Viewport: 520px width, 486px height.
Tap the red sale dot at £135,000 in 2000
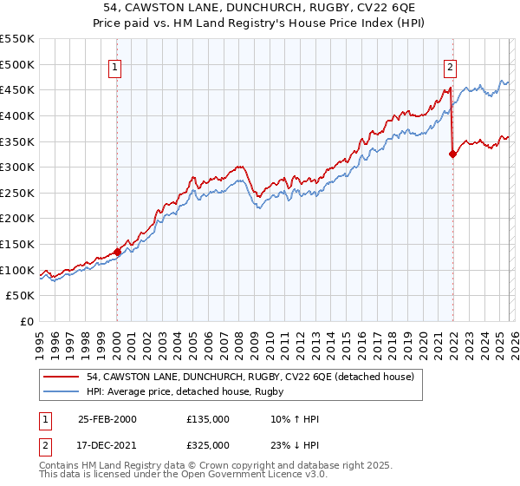118,252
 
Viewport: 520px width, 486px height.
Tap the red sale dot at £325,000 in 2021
452,154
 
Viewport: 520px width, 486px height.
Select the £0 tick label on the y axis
27,321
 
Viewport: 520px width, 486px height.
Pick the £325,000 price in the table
208,444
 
